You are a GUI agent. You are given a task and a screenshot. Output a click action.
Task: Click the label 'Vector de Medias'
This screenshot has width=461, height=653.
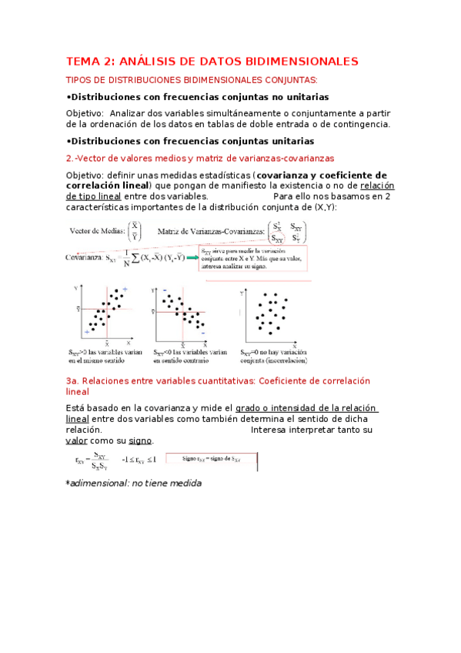97,230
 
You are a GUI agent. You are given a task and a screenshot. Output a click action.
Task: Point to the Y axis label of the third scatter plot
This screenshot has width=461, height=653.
242,293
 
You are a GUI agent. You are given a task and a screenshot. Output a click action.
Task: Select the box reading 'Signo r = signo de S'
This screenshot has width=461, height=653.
210,460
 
